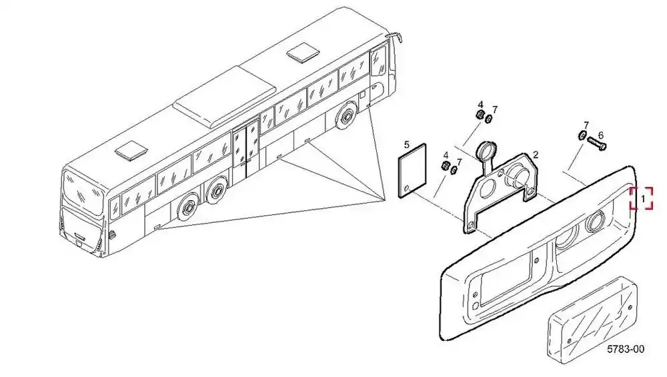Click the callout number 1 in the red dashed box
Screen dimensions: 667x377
(x=643, y=199)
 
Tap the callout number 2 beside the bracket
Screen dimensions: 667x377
(x=536, y=155)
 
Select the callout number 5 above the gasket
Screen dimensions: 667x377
(x=407, y=145)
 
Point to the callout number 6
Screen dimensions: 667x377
(x=601, y=135)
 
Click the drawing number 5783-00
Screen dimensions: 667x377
(x=626, y=350)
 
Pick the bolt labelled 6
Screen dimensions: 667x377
(x=597, y=143)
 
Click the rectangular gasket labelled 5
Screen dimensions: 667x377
(x=412, y=171)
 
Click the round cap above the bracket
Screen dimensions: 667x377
(x=486, y=151)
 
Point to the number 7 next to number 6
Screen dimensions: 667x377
(x=586, y=125)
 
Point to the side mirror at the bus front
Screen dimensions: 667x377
(x=396, y=37)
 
